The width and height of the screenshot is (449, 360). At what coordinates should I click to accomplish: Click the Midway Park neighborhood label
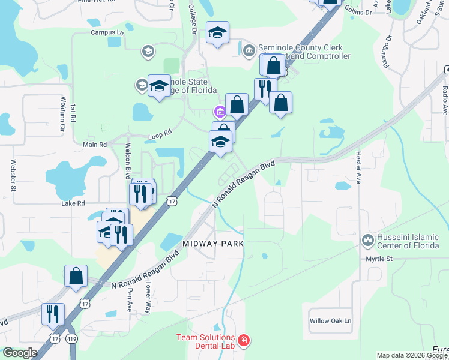[214, 244]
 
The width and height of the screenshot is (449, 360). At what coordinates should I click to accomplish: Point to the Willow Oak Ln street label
[330, 321]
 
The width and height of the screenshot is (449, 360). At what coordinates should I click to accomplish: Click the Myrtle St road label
[379, 259]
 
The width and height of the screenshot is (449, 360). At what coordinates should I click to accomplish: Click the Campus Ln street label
[107, 32]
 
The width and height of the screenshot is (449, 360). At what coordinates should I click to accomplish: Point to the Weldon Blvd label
[127, 161]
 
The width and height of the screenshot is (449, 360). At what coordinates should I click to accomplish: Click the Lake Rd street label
[73, 203]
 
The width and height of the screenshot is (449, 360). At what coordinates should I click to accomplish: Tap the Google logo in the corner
[19, 353]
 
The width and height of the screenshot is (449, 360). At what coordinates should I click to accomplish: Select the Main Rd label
[94, 145]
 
